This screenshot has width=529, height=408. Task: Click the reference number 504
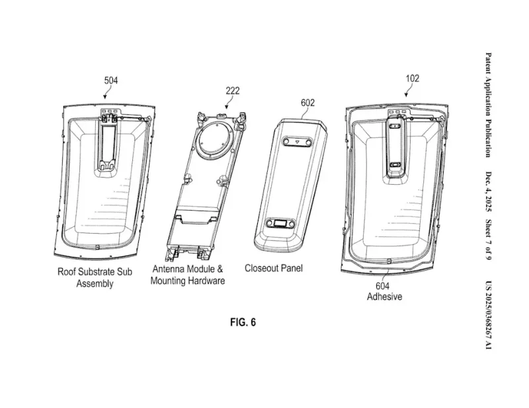111,81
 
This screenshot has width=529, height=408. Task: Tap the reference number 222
233,90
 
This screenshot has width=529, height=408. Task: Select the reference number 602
307,102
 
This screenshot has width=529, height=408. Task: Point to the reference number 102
412,79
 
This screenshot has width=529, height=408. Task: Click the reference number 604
383,286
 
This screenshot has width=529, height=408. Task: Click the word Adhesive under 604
385,297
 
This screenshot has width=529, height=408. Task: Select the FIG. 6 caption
243,322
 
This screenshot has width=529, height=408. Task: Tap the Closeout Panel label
274,268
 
